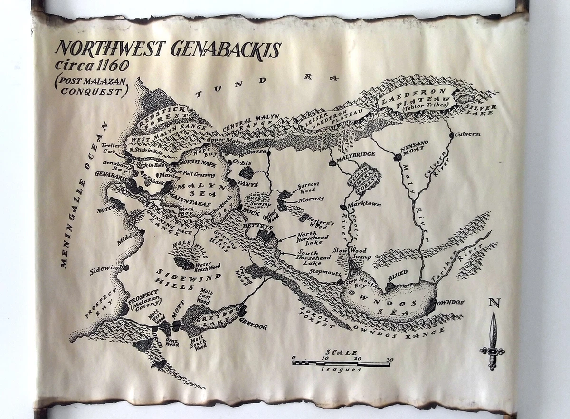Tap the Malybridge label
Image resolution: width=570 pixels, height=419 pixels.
[x=356, y=154]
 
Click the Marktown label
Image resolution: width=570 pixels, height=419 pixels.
[x=365, y=205]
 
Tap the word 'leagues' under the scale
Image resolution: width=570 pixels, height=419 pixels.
[x=341, y=370]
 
